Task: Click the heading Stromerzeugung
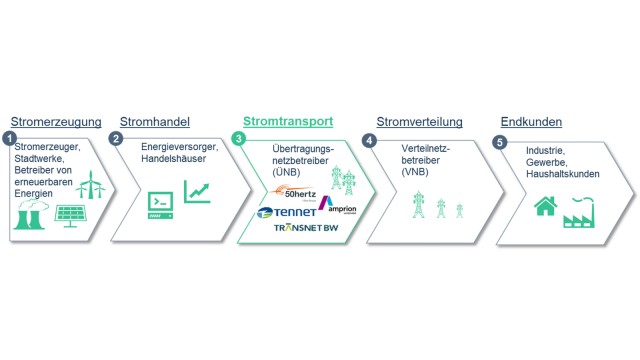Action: (56, 122)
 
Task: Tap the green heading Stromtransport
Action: (289, 122)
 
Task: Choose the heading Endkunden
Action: (530, 122)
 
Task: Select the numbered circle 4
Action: (369, 139)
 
